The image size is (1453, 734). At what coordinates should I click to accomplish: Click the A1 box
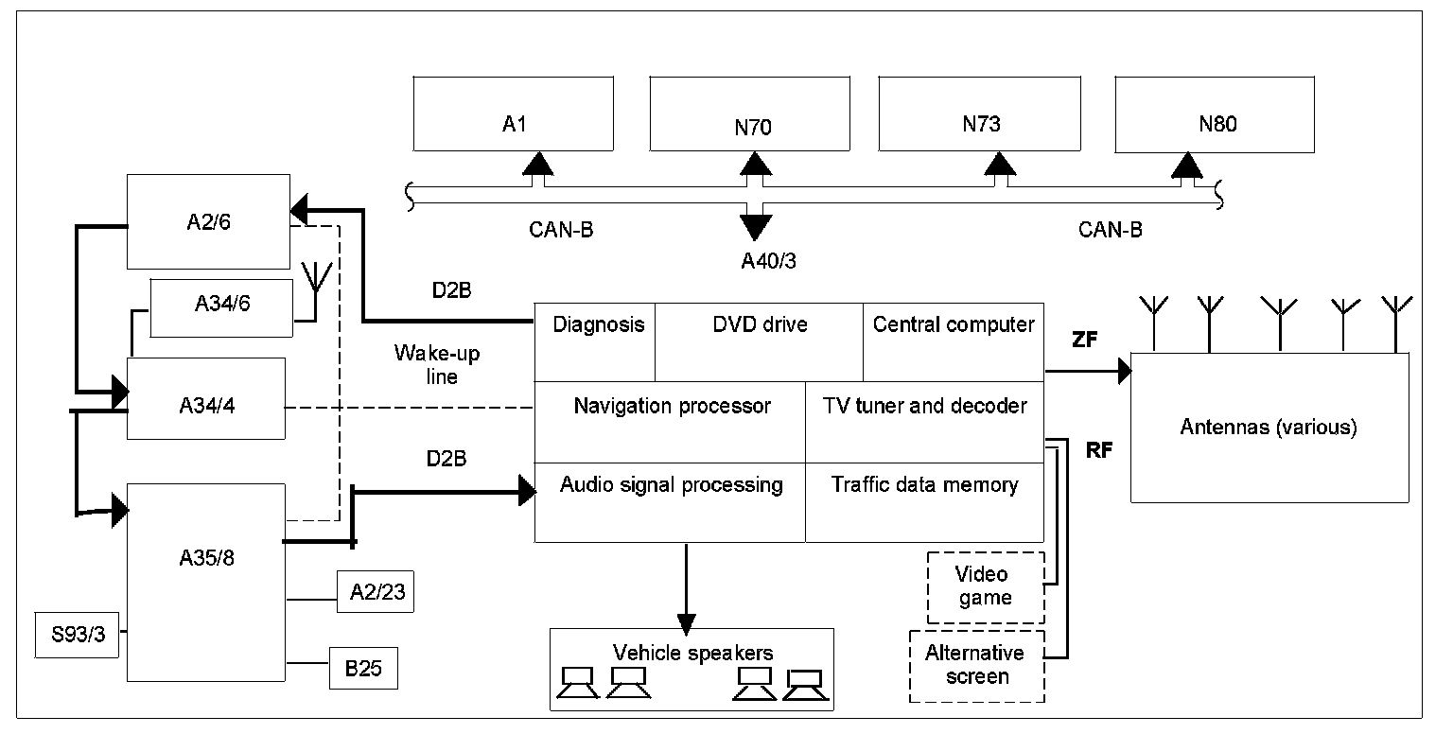pyautogui.click(x=514, y=114)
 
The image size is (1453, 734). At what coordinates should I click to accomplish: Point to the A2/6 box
pyautogui.click(x=209, y=221)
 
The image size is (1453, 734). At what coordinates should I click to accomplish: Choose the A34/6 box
pyautogui.click(x=222, y=306)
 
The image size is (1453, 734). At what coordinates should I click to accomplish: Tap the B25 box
pyautogui.click(x=363, y=669)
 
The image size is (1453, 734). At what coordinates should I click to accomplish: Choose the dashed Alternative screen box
pyautogui.click(x=974, y=666)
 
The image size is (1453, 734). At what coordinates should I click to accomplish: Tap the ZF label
pyautogui.click(x=1085, y=341)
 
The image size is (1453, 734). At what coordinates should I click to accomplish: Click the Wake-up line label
pyautogui.click(x=437, y=365)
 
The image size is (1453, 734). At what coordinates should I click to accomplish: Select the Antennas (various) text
pyautogui.click(x=1268, y=428)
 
